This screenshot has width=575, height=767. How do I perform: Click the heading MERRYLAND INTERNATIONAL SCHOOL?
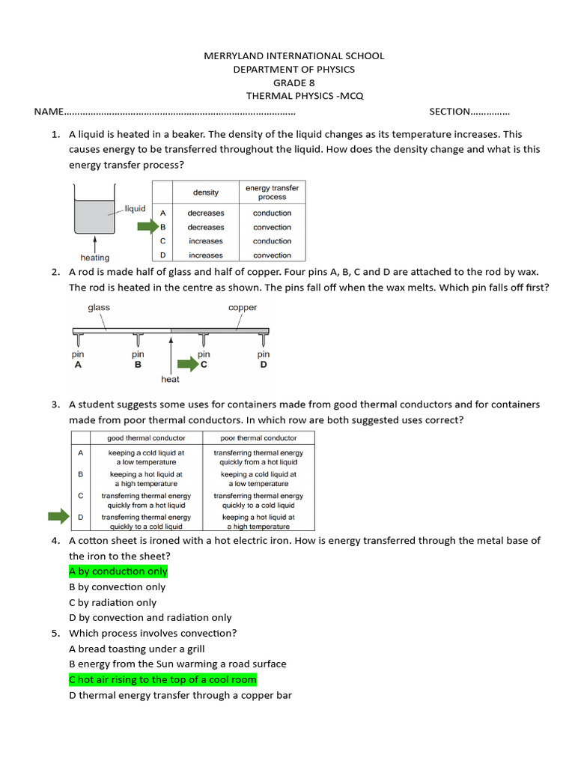[x=294, y=55]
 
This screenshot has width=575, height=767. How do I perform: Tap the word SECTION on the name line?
[x=449, y=112]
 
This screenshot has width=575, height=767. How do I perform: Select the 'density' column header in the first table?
[x=206, y=192]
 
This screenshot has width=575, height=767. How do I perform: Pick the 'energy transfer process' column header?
[x=272, y=192]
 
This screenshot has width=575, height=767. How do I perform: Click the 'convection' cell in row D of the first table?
[x=272, y=255]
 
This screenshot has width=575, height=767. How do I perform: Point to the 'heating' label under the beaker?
[x=94, y=258]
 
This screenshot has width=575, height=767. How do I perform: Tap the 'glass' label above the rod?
[x=99, y=307]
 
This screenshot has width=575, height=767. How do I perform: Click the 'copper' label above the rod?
[x=243, y=307]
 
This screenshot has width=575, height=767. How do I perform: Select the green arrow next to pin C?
[x=187, y=365]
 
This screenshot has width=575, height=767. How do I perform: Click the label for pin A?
[x=78, y=360]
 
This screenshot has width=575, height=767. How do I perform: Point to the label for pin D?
[x=264, y=360]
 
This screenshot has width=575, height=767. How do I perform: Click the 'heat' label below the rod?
[x=170, y=380]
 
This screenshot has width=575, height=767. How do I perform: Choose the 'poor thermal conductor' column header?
[x=258, y=438]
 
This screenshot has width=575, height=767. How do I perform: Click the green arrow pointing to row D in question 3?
[x=58, y=517]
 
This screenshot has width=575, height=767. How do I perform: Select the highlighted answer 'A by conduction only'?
[x=118, y=572]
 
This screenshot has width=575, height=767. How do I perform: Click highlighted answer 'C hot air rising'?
[x=162, y=679]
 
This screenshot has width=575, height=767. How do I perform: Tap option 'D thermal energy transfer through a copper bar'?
[x=180, y=695]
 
